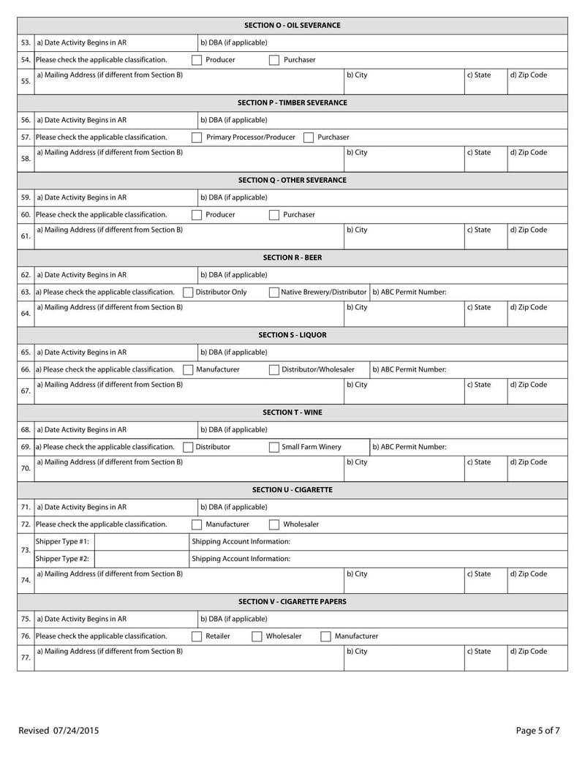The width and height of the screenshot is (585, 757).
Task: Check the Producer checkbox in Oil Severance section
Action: (197, 60)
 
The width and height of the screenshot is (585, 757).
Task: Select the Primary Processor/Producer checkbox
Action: (197, 138)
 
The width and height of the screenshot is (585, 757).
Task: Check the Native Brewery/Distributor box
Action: (273, 293)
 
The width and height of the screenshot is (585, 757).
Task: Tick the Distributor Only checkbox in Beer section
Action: (187, 293)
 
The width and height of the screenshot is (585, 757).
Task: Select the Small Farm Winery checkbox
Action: (273, 447)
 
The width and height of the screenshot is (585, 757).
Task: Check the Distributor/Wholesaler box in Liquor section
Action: (273, 370)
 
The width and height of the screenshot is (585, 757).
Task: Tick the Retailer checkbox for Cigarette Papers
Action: (197, 636)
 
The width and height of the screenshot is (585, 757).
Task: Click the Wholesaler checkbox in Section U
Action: (274, 524)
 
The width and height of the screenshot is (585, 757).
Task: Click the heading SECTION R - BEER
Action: (292, 257)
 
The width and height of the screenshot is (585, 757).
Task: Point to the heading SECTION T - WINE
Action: (292, 413)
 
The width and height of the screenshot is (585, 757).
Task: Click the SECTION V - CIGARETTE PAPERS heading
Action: (292, 601)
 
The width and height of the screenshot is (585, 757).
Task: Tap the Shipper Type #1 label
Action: (63, 542)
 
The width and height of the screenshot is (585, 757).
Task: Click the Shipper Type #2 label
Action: (63, 559)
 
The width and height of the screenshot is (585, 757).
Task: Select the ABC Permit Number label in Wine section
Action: (409, 447)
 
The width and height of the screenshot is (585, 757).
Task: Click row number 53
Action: (26, 42)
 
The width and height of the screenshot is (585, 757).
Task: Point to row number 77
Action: (26, 658)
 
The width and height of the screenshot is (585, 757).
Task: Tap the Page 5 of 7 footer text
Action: (537, 730)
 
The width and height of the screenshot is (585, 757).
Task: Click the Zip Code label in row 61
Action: (528, 230)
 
